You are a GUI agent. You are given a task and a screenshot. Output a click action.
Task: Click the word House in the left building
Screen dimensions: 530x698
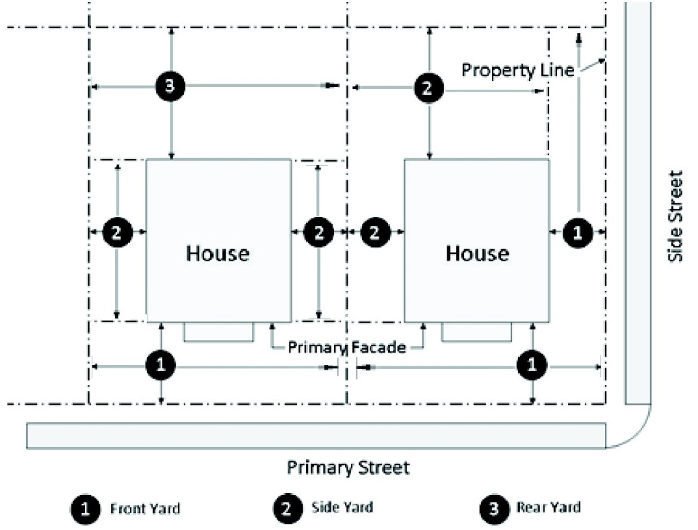click(x=218, y=253)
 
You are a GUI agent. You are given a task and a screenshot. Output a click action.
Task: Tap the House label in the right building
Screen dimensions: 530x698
click(x=477, y=253)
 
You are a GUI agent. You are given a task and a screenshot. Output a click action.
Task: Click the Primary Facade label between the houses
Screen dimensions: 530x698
click(x=347, y=347)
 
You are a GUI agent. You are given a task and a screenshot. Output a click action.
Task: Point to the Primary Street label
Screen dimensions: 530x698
click(x=348, y=467)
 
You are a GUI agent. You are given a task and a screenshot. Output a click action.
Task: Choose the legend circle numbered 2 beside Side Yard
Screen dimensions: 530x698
click(x=288, y=508)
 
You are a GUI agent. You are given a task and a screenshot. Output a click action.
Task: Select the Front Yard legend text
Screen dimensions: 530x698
click(x=145, y=508)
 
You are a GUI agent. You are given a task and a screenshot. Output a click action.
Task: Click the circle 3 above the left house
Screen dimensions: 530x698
click(x=170, y=86)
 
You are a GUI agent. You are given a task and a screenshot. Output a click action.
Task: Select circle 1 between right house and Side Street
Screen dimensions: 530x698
click(x=577, y=232)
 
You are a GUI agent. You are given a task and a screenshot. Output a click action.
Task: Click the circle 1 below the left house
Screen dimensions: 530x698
click(x=160, y=366)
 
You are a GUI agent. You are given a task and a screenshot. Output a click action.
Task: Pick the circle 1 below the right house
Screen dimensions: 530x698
click(x=533, y=366)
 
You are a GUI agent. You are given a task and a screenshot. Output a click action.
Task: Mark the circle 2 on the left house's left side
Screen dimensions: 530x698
click(x=117, y=232)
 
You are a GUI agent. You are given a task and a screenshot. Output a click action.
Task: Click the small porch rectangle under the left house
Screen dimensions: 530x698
click(x=218, y=331)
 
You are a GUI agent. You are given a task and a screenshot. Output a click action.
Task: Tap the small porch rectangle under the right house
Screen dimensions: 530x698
click(x=476, y=331)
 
